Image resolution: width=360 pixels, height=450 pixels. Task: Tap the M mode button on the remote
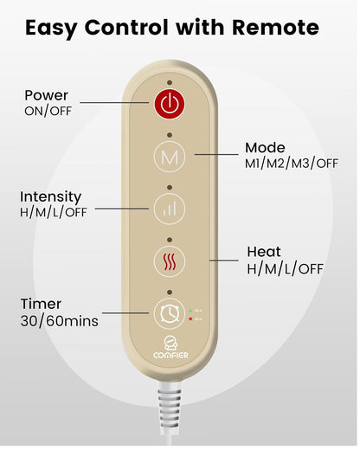click(x=170, y=157)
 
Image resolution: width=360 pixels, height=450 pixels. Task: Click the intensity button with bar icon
click(x=170, y=209)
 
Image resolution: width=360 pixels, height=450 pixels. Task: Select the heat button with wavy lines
click(x=170, y=261)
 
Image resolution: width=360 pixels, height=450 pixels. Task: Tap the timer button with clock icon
click(x=170, y=314)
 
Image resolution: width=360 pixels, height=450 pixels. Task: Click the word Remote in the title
click(x=275, y=28)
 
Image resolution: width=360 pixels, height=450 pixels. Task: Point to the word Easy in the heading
click(x=51, y=29)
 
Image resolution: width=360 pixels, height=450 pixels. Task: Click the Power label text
click(x=47, y=95)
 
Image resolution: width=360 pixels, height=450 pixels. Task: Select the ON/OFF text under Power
click(x=48, y=111)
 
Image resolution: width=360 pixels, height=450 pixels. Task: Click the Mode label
click(x=265, y=148)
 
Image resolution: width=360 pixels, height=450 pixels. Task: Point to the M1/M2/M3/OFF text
click(x=292, y=164)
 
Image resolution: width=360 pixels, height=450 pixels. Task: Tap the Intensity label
click(x=51, y=197)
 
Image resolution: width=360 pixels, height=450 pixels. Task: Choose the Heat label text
click(x=264, y=252)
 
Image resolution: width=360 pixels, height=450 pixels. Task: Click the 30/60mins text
click(x=60, y=321)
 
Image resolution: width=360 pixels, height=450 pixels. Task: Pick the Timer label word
click(x=41, y=304)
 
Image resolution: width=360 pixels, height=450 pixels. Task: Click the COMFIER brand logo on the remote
click(x=170, y=348)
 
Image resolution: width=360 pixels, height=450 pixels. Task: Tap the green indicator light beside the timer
click(x=190, y=311)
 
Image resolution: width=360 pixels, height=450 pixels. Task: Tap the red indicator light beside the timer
click(x=190, y=318)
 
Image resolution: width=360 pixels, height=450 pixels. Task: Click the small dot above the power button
click(x=170, y=82)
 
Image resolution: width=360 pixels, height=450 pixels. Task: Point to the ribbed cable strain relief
click(x=170, y=406)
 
